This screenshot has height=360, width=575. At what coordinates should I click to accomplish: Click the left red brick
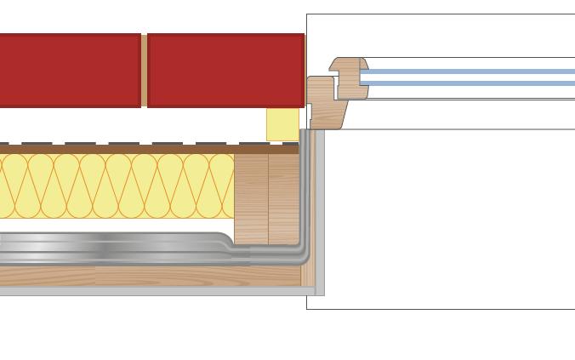pos(70,70)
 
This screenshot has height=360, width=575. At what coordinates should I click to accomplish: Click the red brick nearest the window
pos(225,70)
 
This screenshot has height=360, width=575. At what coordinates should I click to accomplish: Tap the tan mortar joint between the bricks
pos(144,70)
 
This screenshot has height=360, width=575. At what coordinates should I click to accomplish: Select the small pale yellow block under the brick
pos(282,124)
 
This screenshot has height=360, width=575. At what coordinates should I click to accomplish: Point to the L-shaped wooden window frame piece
pos(322,101)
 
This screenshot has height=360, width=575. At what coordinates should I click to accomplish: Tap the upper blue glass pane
pos(468,71)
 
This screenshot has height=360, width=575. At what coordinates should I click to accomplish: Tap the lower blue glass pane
pos(468,83)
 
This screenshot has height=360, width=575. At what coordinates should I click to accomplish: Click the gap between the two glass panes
pos(468,77)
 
